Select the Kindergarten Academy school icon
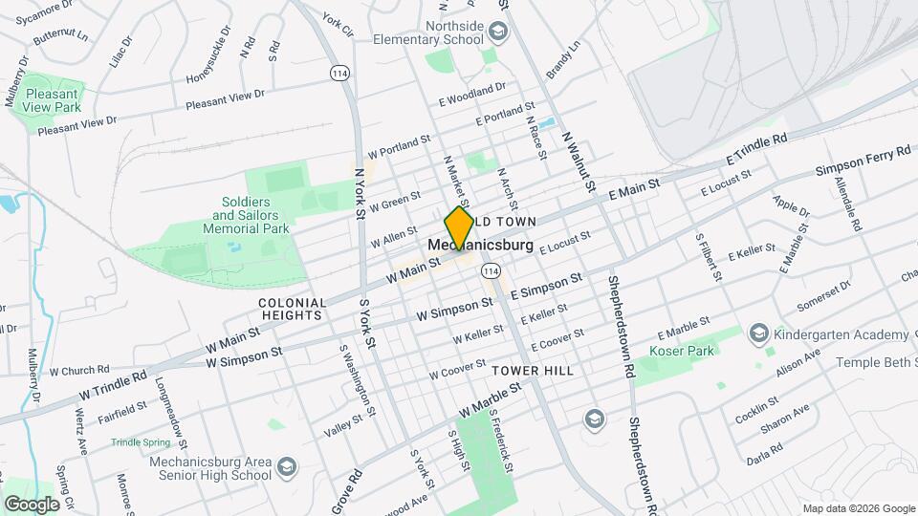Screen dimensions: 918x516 759,333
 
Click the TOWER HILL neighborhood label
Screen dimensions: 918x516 533,370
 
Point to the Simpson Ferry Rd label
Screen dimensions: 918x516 863,160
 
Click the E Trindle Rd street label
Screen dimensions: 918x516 756,148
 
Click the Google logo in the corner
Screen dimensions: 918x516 32,504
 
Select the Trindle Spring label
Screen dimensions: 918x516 139,442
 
